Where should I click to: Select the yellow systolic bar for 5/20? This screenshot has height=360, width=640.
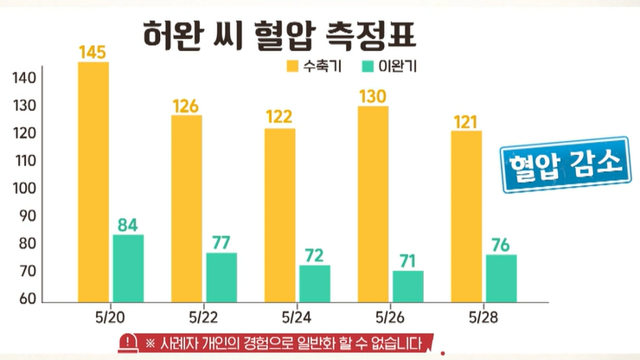click(x=93, y=182)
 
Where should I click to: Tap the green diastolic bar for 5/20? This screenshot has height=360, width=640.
click(x=128, y=268)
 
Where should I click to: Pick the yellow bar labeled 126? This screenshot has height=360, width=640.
click(x=186, y=208)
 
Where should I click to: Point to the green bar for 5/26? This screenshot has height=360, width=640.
click(x=408, y=286)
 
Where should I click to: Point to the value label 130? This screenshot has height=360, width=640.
click(x=373, y=97)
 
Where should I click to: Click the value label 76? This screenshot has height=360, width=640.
click(x=502, y=245)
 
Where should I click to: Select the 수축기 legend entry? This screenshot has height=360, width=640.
click(x=307, y=66)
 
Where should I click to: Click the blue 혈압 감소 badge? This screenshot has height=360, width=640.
click(x=566, y=164)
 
